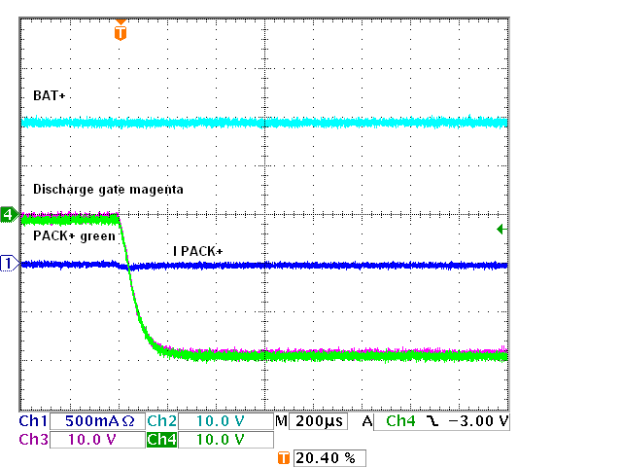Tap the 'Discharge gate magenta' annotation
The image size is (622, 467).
108,190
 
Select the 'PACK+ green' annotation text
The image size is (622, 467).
75,236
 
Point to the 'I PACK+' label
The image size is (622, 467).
197,252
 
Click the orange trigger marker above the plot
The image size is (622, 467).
120,32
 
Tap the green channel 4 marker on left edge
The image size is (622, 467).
9,214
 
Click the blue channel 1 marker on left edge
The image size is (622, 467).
9,264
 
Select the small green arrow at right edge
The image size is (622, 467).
500,229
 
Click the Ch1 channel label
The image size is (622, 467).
33,422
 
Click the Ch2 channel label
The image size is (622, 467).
161,422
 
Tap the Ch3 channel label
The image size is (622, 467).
33,440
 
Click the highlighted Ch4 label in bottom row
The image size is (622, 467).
161,440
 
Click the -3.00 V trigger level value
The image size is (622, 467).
476,422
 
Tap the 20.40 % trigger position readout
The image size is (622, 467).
328,457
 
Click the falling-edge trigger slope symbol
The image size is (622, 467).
432,422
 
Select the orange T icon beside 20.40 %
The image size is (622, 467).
284,457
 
